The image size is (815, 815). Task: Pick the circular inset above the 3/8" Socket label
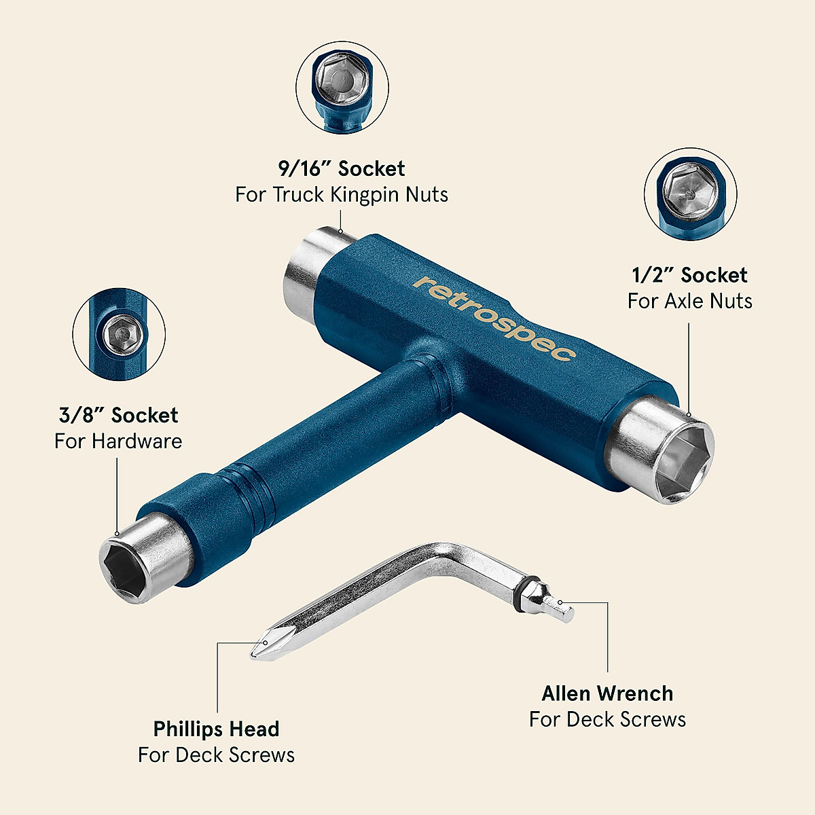pos(119,333)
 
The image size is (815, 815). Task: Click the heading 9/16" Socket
pos(342,168)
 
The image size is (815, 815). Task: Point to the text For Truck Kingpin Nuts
pos(342,195)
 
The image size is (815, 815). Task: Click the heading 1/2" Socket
pos(689,275)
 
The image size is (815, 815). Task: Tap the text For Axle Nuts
pos(689,301)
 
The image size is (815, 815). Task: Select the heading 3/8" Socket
pos(119,415)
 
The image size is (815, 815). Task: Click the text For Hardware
pos(119,441)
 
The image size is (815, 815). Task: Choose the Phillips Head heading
pos(216,729)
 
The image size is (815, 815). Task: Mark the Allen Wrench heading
pos(607,693)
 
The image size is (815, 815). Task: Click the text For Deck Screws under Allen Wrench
pos(607,719)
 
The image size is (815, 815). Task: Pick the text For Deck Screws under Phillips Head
pos(216,755)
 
